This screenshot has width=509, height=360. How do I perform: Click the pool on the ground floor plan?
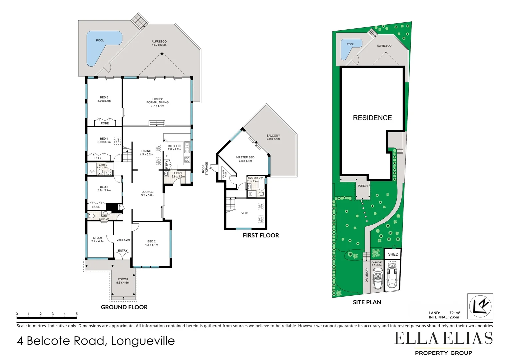point(100,45)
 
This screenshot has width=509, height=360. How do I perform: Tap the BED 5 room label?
point(104,99)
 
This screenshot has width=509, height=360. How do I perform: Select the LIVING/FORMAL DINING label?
point(158,102)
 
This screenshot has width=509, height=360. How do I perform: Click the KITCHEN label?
point(174,146)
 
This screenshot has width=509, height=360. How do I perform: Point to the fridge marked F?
point(167,156)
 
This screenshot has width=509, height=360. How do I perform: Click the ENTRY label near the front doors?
point(123,251)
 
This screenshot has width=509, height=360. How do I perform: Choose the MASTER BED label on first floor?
point(245,157)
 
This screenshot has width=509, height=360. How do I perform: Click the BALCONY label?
point(273,136)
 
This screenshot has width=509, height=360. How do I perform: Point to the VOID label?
point(245,213)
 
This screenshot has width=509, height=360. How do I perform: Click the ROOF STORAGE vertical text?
point(205,169)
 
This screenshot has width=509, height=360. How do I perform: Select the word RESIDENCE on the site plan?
point(372,118)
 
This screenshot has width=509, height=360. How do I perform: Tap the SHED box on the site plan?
point(393,254)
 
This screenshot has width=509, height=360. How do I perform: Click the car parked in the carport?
point(378,280)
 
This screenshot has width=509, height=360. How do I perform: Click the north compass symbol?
point(480,306)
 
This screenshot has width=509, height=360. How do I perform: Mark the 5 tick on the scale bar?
point(77,314)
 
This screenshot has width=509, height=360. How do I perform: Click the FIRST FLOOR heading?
point(261,235)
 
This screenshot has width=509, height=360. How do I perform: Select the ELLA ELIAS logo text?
point(443,339)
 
